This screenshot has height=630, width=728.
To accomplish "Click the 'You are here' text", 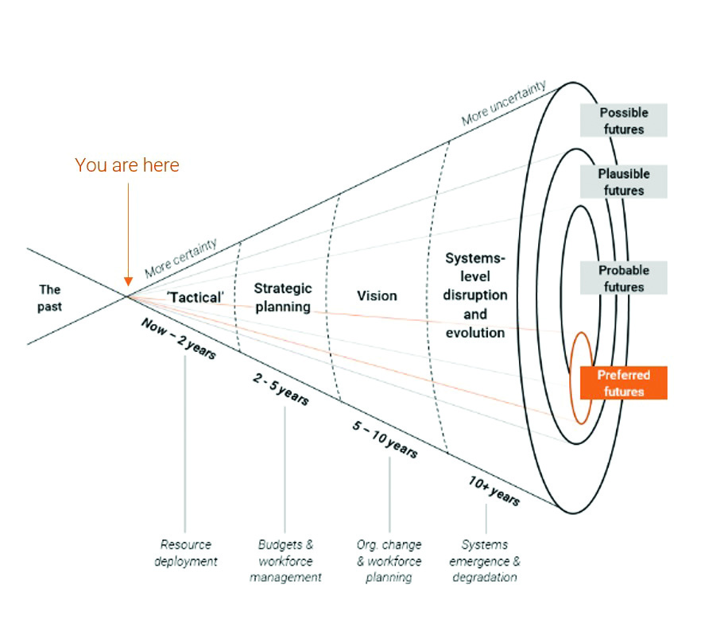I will click(x=127, y=165).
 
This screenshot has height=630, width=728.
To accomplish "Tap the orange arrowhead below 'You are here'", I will click(x=128, y=280).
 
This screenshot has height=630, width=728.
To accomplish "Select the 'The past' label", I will click(x=49, y=298).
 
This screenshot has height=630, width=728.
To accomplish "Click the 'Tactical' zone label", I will click(x=196, y=297).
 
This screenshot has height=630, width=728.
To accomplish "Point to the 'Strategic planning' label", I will click(x=283, y=297).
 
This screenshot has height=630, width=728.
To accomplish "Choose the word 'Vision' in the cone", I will click(x=377, y=296).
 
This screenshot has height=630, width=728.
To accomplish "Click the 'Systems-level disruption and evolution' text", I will click(x=475, y=296).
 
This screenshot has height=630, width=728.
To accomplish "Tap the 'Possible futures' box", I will click(x=623, y=121).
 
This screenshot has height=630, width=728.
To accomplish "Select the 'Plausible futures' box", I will click(x=623, y=182).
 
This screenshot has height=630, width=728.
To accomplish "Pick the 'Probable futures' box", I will click(x=623, y=278).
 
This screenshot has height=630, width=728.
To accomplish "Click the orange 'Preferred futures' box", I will click(x=623, y=383).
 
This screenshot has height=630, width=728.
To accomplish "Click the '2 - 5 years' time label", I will click(x=281, y=389).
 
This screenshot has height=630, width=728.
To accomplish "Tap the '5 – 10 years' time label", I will click(x=385, y=439).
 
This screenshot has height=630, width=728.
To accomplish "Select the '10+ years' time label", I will click(x=494, y=491).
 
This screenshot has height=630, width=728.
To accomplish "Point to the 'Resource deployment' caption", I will click(x=186, y=553).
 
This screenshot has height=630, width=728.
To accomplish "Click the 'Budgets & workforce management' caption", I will click(x=285, y=561).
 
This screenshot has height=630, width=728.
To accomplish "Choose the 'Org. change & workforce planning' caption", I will click(x=389, y=561).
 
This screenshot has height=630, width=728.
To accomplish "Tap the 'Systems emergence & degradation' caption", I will click(x=486, y=561).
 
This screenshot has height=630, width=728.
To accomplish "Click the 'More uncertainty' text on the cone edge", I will click(x=504, y=103).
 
